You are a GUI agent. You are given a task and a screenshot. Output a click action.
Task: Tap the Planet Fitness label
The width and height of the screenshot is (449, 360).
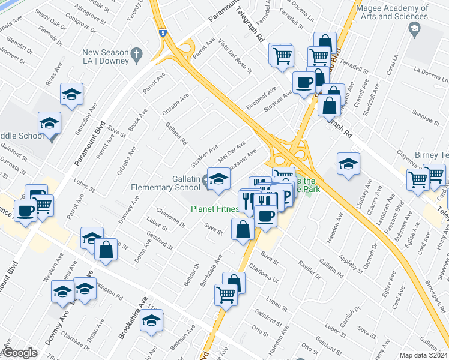click(x=214, y=209)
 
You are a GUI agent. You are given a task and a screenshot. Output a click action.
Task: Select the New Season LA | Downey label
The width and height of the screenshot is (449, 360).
click(x=106, y=57)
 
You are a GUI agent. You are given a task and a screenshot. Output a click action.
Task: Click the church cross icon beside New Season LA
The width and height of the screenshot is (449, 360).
click(x=137, y=53)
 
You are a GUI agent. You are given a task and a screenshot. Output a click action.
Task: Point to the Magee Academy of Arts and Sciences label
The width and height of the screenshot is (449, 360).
click(x=392, y=13)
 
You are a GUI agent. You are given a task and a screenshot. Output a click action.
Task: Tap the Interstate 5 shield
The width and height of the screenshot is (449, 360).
click(x=163, y=35)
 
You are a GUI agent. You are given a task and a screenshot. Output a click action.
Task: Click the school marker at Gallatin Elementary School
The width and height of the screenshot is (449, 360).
click(x=218, y=179)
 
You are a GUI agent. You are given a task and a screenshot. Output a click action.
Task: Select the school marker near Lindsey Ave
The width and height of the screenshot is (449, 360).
click(x=348, y=164)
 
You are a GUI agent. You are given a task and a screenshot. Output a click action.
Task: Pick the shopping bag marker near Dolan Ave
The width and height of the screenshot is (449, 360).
click(x=106, y=250)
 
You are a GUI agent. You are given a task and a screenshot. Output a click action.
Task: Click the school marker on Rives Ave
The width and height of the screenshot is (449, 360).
click(x=71, y=94)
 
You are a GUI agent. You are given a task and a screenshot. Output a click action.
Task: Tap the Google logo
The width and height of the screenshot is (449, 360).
click(x=20, y=353)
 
